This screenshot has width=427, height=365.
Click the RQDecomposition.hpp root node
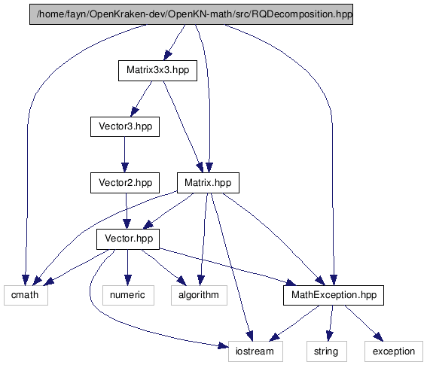click(x=191, y=14)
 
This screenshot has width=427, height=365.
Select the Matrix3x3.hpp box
click(x=157, y=71)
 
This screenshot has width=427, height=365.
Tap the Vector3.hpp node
click(x=125, y=126)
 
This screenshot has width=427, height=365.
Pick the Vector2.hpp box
click(x=125, y=183)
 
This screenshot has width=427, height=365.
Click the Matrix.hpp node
click(x=208, y=183)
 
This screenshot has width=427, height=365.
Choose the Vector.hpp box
click(x=128, y=239)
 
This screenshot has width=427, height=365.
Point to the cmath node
click(x=26, y=295)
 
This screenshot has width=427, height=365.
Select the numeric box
click(x=128, y=295)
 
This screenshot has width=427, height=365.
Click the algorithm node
click(x=199, y=295)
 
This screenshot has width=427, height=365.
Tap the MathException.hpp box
click(x=334, y=295)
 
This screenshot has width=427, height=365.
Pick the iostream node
click(x=255, y=351)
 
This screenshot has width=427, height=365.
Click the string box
click(x=327, y=351)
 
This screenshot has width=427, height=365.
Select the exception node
click(x=394, y=351)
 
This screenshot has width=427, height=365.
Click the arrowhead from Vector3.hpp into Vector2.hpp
click(x=125, y=167)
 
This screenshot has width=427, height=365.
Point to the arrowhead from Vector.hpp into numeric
click(x=128, y=280)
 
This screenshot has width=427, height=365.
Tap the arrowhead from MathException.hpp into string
click(x=330, y=336)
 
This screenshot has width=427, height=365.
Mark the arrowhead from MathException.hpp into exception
click(x=379, y=336)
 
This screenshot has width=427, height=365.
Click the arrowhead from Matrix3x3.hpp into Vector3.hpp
click(x=135, y=112)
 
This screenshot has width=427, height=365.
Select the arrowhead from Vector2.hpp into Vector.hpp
click(x=127, y=224)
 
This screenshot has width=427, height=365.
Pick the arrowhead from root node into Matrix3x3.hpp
click(x=167, y=55)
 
